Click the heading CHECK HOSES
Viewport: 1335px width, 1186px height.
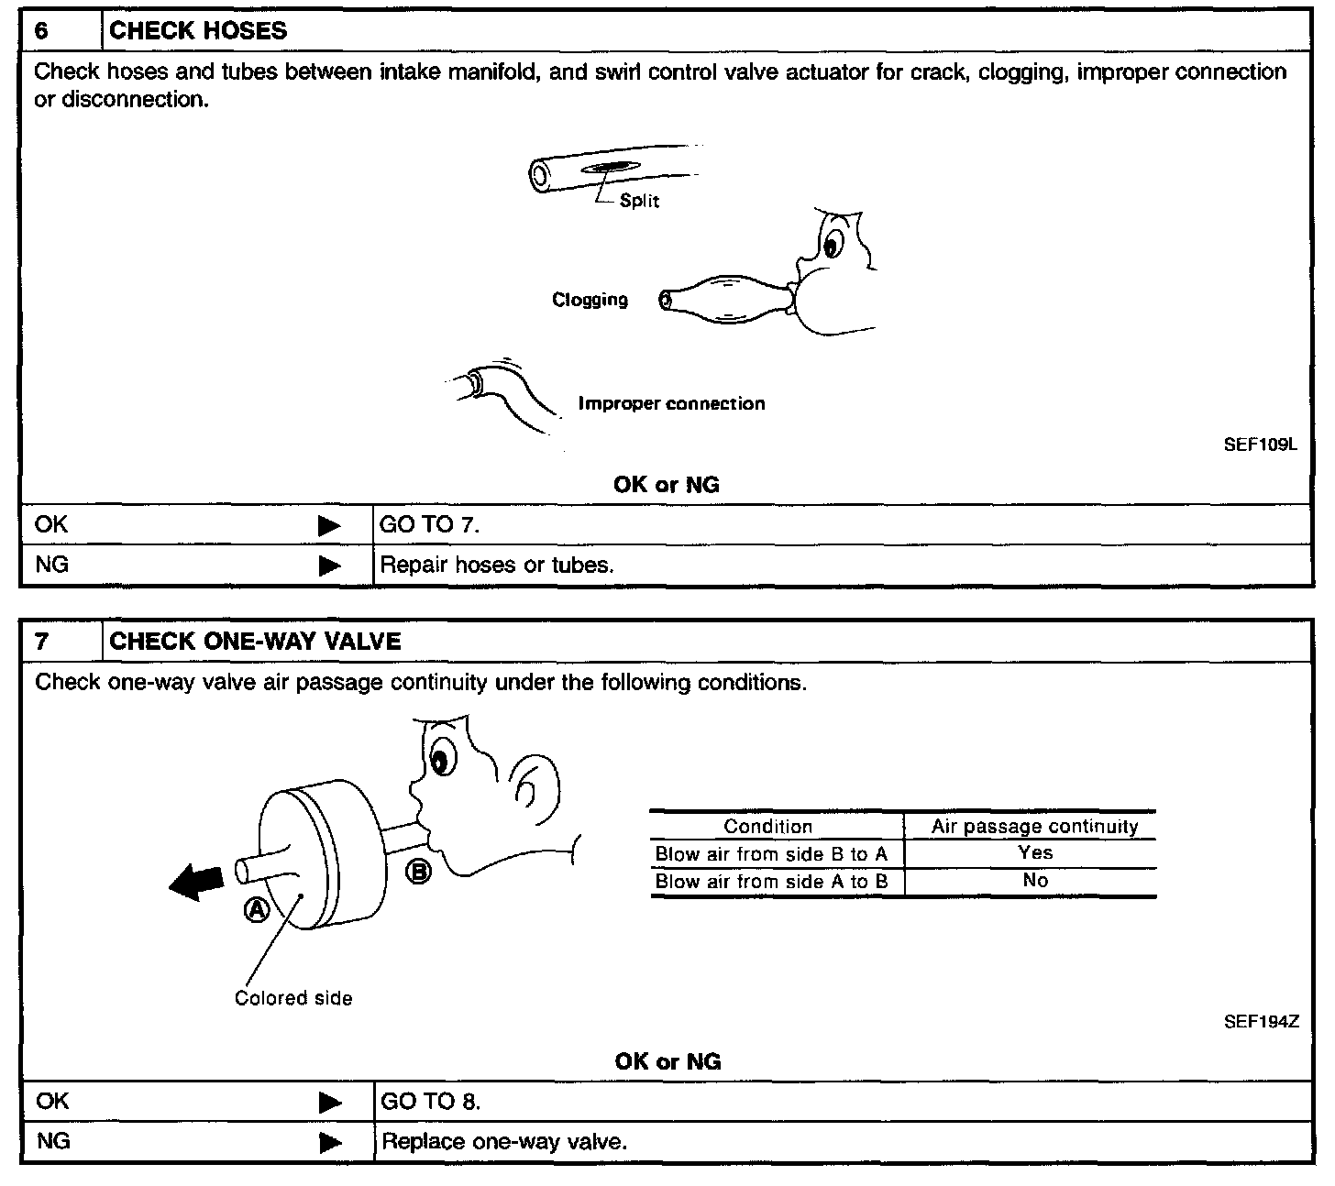[x=198, y=31]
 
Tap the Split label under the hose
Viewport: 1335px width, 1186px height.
[x=639, y=201]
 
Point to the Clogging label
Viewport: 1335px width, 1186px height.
[x=590, y=300]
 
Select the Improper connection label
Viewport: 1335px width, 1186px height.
[x=671, y=404]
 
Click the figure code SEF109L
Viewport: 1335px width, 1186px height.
[x=1261, y=445]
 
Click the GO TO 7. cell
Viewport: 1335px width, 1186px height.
[x=430, y=525]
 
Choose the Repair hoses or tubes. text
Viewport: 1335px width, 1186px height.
[x=497, y=566]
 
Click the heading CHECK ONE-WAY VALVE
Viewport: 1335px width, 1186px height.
[x=255, y=642]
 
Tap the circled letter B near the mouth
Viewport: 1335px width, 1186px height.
[x=417, y=872]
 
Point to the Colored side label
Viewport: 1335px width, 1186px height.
[x=293, y=999]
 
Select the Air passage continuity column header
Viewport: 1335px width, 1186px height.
[x=1035, y=827]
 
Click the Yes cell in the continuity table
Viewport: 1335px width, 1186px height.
[x=1035, y=853]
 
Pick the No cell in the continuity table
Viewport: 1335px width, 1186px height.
[x=1035, y=881]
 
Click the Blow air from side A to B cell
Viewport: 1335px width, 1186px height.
[x=771, y=882]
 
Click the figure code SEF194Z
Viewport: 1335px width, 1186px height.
[x=1262, y=1022]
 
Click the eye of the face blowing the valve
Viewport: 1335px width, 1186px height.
[x=443, y=759]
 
